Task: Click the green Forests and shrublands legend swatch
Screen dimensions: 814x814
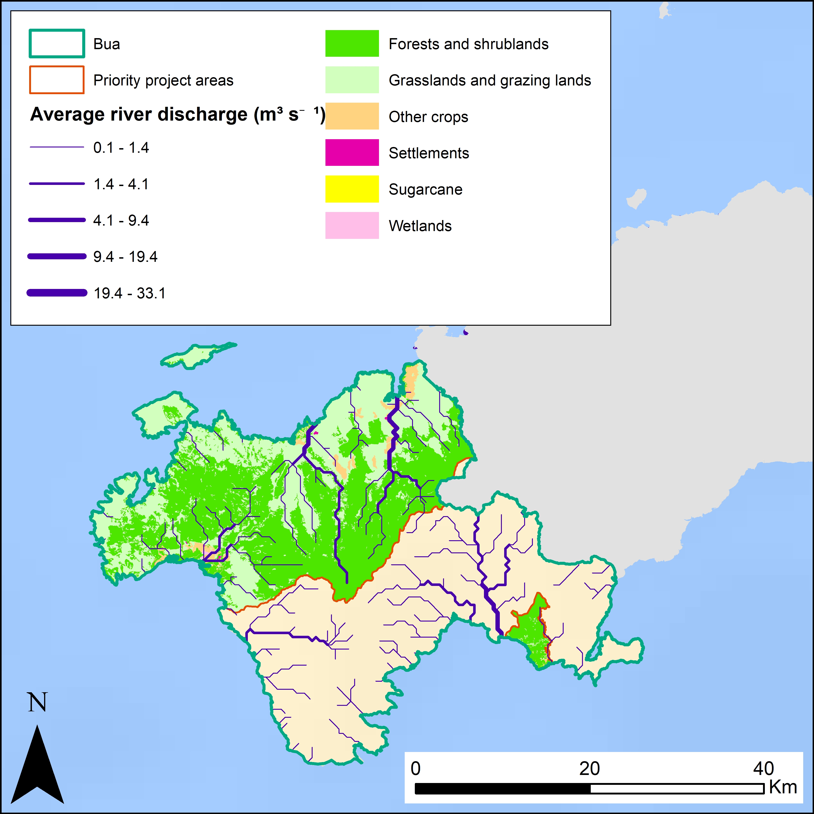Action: coord(352,43)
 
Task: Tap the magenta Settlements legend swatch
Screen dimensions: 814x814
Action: coord(352,153)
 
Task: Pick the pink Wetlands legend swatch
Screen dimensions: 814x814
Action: coord(352,225)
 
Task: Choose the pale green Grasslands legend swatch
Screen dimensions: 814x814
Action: coord(352,80)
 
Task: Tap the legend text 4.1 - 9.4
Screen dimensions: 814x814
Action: coord(121,220)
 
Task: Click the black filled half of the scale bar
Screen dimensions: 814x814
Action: coord(502,789)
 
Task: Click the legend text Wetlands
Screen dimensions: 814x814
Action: coord(420,226)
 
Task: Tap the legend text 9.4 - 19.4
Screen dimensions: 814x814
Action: coord(125,257)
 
